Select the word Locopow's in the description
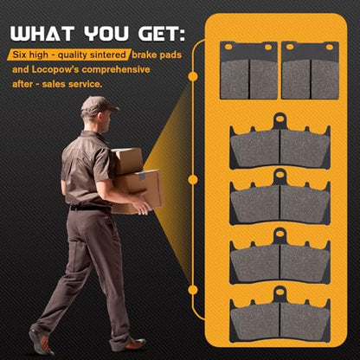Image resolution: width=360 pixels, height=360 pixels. (x=55, y=70)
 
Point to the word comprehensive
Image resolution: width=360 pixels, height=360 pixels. (x=116, y=70)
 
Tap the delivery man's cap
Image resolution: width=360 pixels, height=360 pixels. (x=98, y=106)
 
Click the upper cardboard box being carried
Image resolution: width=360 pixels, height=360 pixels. (x=127, y=161)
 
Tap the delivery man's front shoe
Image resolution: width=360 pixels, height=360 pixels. (x=128, y=345)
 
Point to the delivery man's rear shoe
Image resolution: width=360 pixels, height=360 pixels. (x=41, y=343)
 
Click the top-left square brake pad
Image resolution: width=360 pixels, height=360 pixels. (x=248, y=71)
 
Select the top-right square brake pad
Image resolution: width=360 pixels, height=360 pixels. (x=311, y=71)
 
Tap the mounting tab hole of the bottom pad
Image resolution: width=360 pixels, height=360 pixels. (x=280, y=292)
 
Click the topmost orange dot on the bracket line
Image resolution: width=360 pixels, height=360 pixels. (x=193, y=76)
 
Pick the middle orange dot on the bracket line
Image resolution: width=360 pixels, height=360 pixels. (x=193, y=180)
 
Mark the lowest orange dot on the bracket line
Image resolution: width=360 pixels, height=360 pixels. (x=193, y=290)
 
